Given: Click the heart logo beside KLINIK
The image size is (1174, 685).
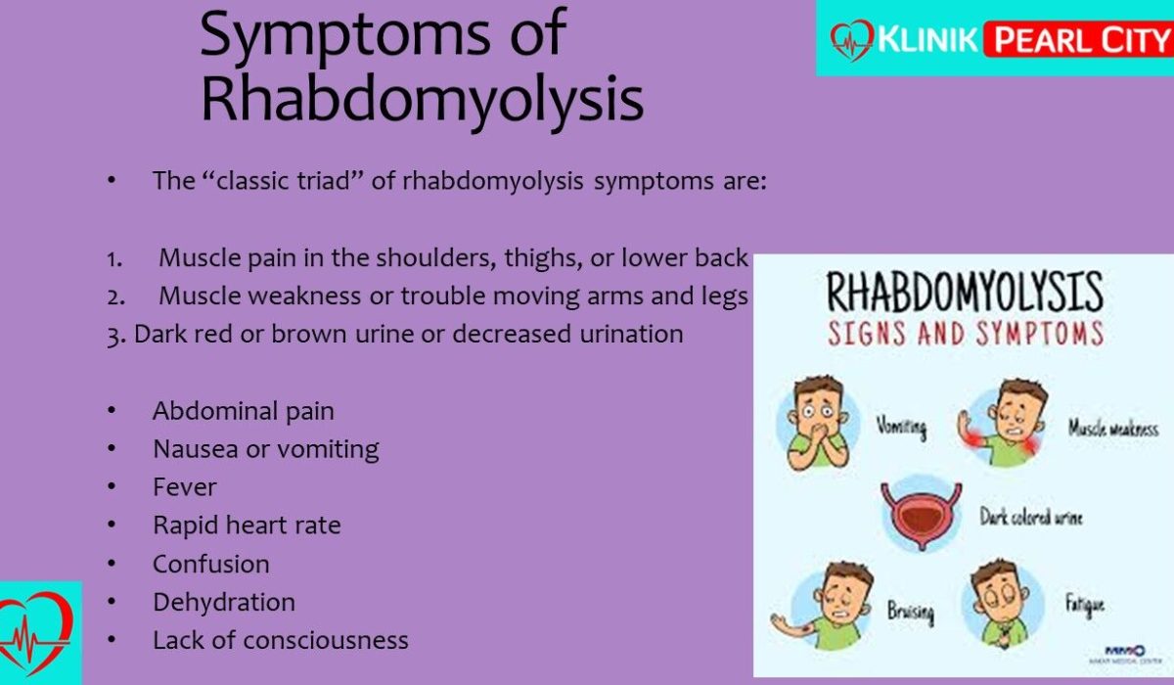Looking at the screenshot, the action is coord(852,40).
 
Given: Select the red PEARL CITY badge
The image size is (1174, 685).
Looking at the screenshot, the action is coord(1078,39).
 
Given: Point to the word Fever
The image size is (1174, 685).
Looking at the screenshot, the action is coord(185,487).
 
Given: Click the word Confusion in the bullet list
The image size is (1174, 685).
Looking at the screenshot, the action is coord(211,564).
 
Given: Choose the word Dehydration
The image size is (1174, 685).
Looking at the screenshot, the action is coord(224,602).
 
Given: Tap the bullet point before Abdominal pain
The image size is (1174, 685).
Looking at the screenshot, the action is coord(112,410).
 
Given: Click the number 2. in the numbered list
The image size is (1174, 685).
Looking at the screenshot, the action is coord(115,297).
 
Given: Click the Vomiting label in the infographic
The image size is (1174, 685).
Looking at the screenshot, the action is coord(901,427).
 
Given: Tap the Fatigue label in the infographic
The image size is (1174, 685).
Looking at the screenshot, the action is coord(1085,605).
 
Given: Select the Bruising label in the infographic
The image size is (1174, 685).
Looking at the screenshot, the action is coord(911,612).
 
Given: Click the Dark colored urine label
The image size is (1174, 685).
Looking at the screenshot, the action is coord(1031,518).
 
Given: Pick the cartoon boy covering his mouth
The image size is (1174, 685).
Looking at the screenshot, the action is coord(818,423).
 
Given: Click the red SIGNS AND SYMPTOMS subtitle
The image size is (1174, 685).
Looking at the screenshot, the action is coord(966,334).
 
